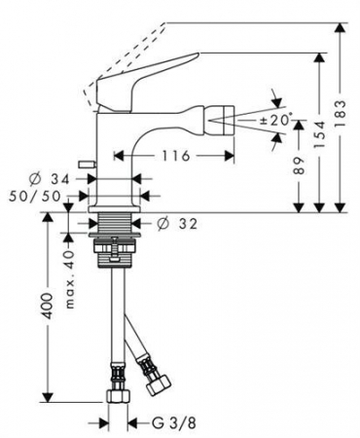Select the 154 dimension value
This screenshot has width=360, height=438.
pyautogui.click(x=320, y=134)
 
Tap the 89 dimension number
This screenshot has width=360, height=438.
pyautogui.click(x=299, y=165)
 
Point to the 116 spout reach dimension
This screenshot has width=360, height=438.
pyautogui.click(x=175, y=156)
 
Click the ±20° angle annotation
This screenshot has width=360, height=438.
pyautogui.click(x=276, y=121)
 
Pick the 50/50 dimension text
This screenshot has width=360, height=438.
pyautogui.click(x=35, y=196)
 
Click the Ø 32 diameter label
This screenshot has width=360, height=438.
pyautogui.click(x=177, y=224)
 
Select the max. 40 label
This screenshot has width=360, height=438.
pyautogui.click(x=70, y=279)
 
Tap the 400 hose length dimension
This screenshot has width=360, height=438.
pyautogui.click(x=48, y=306)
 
